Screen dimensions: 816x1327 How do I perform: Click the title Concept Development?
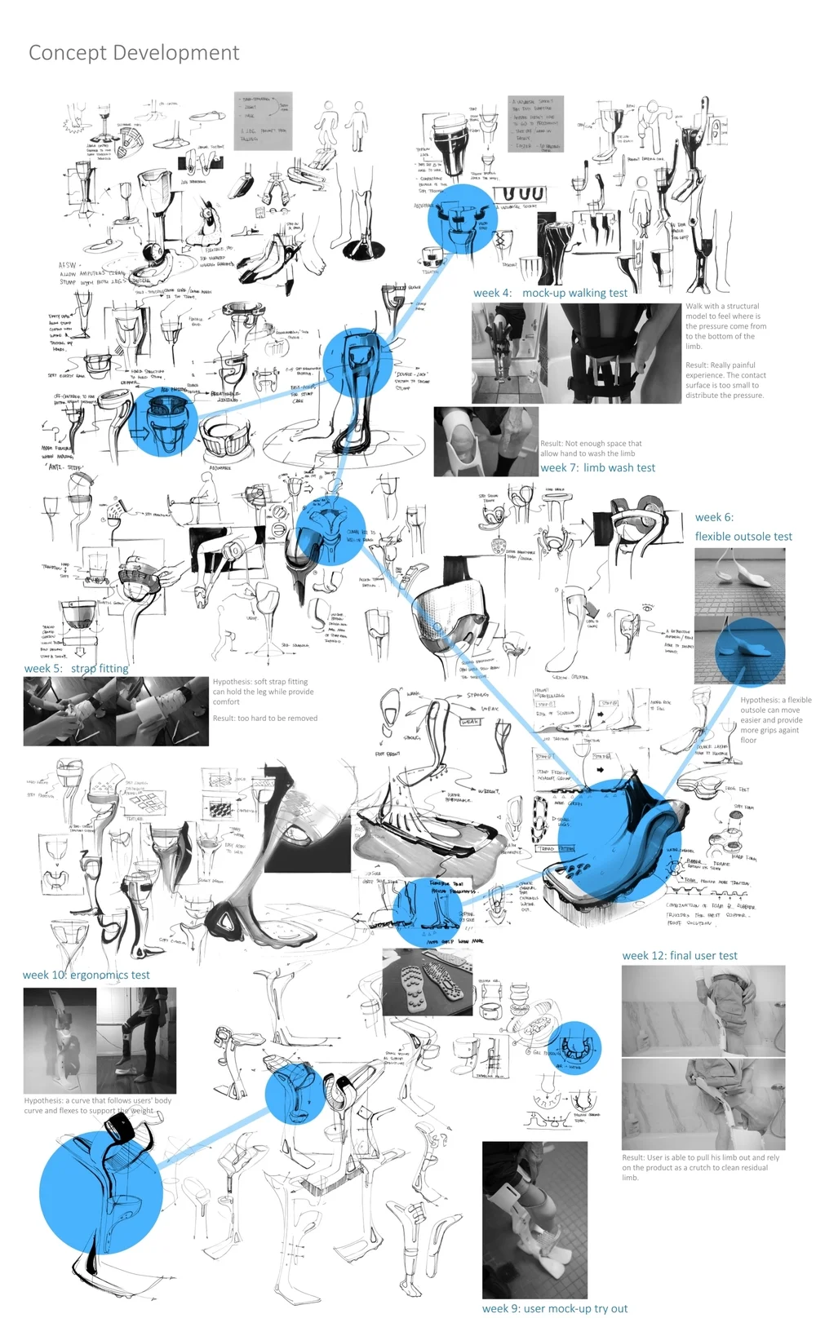coord(134,53)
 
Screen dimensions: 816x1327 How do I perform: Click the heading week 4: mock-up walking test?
coord(550,293)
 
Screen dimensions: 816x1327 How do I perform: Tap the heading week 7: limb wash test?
coord(597,468)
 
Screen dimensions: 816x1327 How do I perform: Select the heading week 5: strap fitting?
coord(77,668)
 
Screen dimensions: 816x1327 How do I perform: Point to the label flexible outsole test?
coord(743,537)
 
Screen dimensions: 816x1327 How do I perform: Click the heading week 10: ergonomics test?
coord(86,975)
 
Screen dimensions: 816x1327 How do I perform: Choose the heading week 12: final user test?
coord(680,956)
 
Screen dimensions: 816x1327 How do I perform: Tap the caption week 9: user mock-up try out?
coord(555,1308)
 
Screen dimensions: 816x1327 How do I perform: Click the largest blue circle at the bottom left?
coord(100,1192)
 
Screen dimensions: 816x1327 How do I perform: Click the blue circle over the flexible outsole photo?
coord(750,650)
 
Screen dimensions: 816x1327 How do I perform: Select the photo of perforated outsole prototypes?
coord(427,982)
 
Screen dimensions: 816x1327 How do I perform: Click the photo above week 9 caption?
coord(534,1219)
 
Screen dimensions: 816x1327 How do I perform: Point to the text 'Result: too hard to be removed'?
coord(265,719)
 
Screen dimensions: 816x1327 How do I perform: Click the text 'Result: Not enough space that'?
coord(591,444)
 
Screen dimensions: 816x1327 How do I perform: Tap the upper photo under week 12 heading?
coord(703,1011)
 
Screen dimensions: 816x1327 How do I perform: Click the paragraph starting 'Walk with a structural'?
coord(725,326)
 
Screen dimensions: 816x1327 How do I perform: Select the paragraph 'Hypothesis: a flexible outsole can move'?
coord(775,720)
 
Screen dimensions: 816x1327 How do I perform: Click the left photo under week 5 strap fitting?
coord(69,710)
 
